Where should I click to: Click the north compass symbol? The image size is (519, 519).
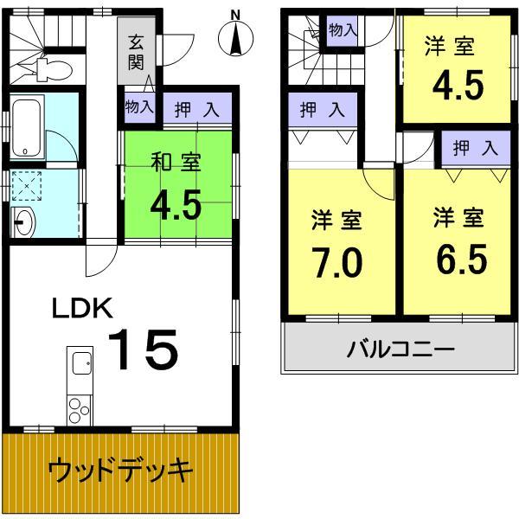tap(236, 36)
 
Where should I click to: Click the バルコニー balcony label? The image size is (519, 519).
tap(400, 351)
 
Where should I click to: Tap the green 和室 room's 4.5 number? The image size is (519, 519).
tap(176, 205)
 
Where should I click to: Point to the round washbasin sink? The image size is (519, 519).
tap(22, 223)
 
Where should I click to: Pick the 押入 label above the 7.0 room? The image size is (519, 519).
tap(322, 110)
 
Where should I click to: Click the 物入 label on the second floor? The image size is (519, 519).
tap(343, 29)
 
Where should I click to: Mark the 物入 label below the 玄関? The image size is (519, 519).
tap(138, 108)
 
